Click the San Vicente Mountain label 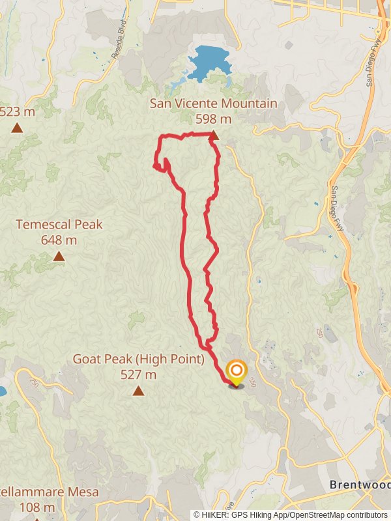tap(213, 104)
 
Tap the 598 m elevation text tap(213, 119)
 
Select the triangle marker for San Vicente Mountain tap(213, 135)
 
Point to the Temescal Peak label tap(59, 225)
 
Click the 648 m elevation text tap(59, 240)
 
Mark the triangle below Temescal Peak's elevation tap(59, 256)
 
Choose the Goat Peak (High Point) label tap(138, 359)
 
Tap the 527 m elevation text tap(138, 374)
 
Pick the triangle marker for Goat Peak tap(138, 391)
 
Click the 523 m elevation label tap(18, 111)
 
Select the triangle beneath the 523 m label tap(17, 128)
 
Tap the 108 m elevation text tap(36, 507)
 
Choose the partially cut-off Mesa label tap(36, 491)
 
